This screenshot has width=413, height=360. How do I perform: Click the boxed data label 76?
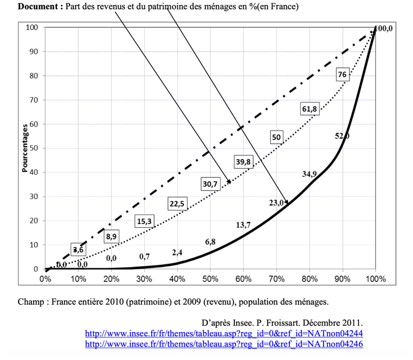[342, 75]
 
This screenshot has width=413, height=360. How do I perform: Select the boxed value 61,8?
[309, 109]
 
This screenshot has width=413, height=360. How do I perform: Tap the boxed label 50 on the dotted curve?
[276, 137]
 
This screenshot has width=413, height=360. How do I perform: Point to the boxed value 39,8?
[243, 162]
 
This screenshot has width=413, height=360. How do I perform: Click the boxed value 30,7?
[210, 184]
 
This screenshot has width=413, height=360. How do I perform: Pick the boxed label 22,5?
[177, 204]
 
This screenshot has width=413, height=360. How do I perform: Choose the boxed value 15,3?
[144, 221]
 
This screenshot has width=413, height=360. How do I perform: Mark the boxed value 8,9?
[111, 237]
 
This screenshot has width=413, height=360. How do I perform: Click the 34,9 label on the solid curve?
[309, 174]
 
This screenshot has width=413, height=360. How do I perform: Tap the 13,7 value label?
[243, 225]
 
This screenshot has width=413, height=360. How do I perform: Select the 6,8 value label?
[210, 242]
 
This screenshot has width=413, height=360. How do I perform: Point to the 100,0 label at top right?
[384, 29]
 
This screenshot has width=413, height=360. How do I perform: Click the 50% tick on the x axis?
[210, 279]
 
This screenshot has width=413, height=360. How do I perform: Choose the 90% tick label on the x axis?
[342, 279]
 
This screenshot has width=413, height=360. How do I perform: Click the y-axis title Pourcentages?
[25, 148]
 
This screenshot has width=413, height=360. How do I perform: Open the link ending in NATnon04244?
[224, 334]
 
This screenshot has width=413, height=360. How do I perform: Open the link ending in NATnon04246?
[224, 344]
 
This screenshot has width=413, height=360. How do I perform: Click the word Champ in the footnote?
[30, 302]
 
